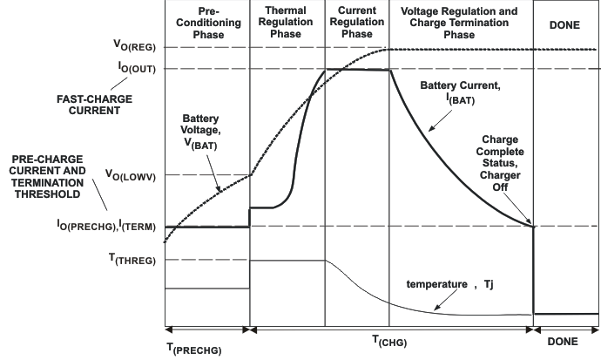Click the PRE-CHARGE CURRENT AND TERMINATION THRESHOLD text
[x=52, y=175]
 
